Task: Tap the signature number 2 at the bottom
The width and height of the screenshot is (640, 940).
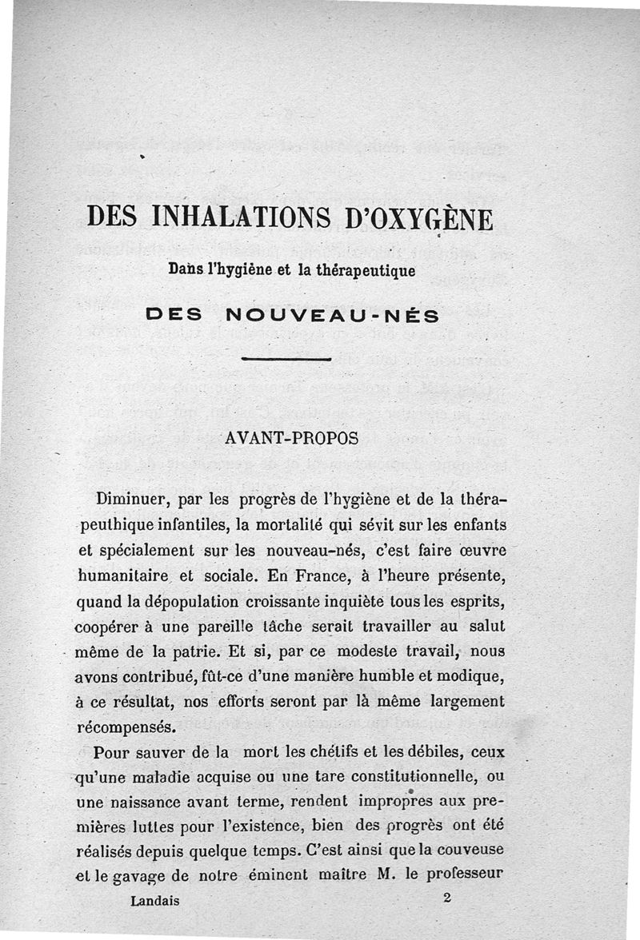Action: [446, 898]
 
